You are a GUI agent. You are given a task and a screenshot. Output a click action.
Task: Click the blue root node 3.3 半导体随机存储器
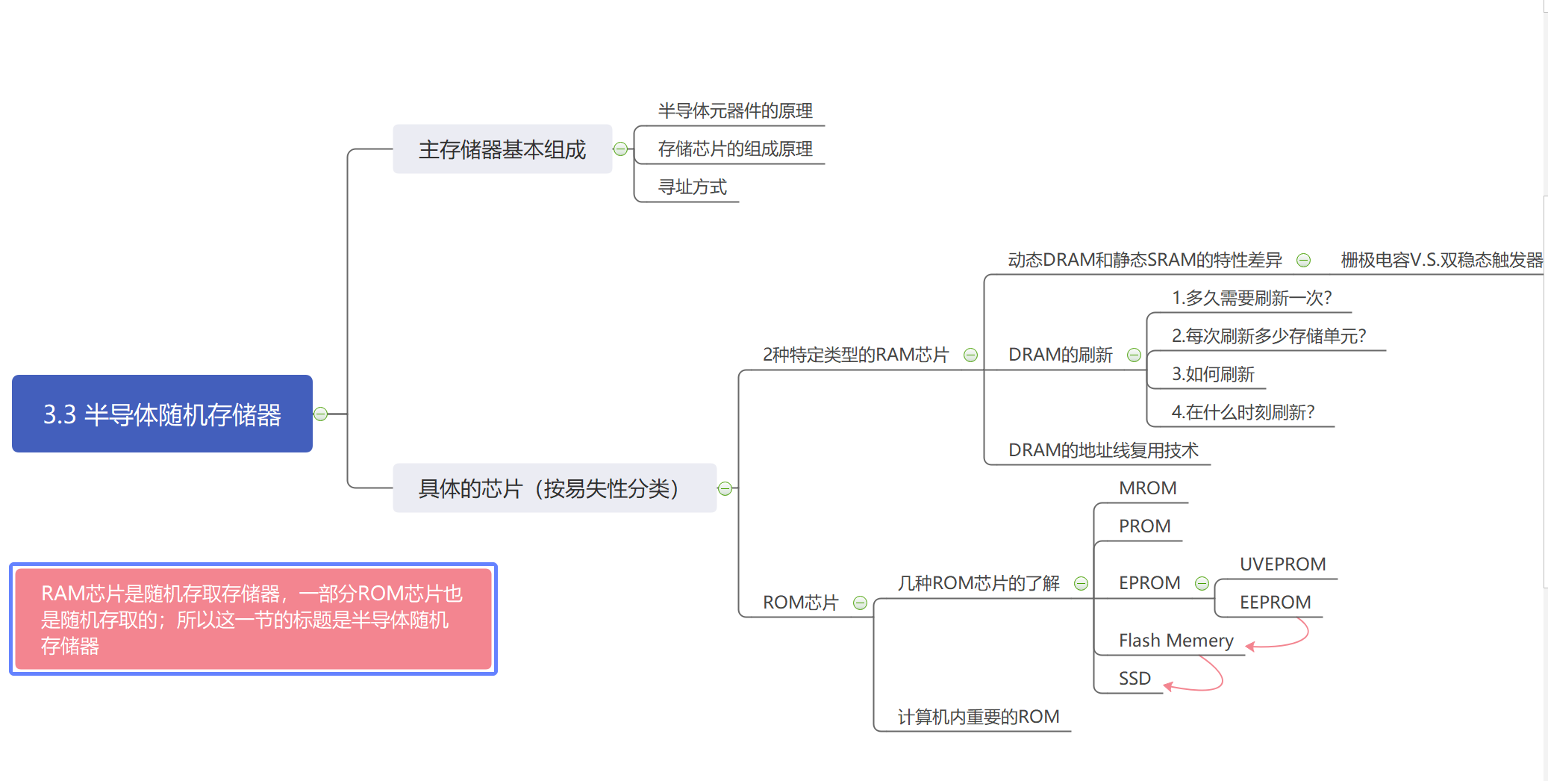162,414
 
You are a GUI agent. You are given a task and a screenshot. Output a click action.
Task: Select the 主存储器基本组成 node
502,149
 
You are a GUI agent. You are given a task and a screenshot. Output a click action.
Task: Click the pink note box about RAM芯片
253,619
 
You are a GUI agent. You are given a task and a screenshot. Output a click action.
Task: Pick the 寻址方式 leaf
692,187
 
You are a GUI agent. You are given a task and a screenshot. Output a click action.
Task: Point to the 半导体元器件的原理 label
734,111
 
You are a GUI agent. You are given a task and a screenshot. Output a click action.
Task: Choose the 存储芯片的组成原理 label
734,149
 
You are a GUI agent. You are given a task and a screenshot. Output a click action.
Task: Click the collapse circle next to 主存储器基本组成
620,149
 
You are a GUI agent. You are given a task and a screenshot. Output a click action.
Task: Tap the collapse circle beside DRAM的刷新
1134,355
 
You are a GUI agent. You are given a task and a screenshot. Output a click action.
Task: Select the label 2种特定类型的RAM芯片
855,355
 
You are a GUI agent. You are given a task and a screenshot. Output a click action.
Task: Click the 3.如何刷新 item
1213,374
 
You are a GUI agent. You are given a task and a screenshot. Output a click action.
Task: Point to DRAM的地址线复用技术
1102,450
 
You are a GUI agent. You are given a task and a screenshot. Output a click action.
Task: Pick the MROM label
1147,488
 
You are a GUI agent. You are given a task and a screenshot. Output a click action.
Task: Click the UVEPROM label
1282,564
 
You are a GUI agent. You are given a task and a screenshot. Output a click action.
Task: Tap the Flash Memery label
1176,641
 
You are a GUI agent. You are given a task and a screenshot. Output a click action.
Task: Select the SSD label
1135,679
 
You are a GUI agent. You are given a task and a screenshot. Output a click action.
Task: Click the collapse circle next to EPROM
1202,584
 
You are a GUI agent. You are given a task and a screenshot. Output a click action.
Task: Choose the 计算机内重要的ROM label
978,717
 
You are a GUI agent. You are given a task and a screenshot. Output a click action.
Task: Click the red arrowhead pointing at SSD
1169,686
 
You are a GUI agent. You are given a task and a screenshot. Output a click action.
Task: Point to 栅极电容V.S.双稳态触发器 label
1441,260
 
